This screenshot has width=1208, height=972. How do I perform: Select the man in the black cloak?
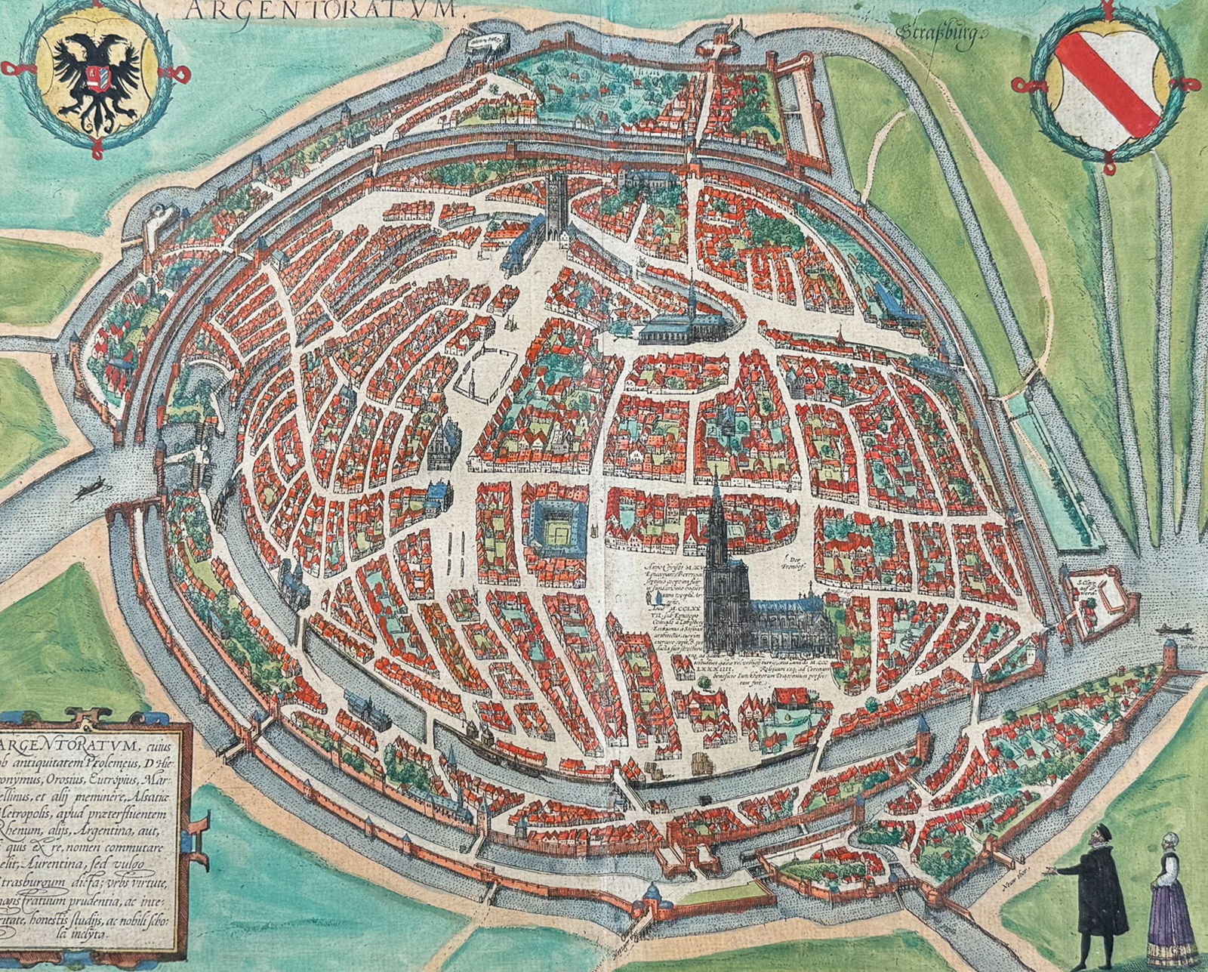click(x=1098, y=906)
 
